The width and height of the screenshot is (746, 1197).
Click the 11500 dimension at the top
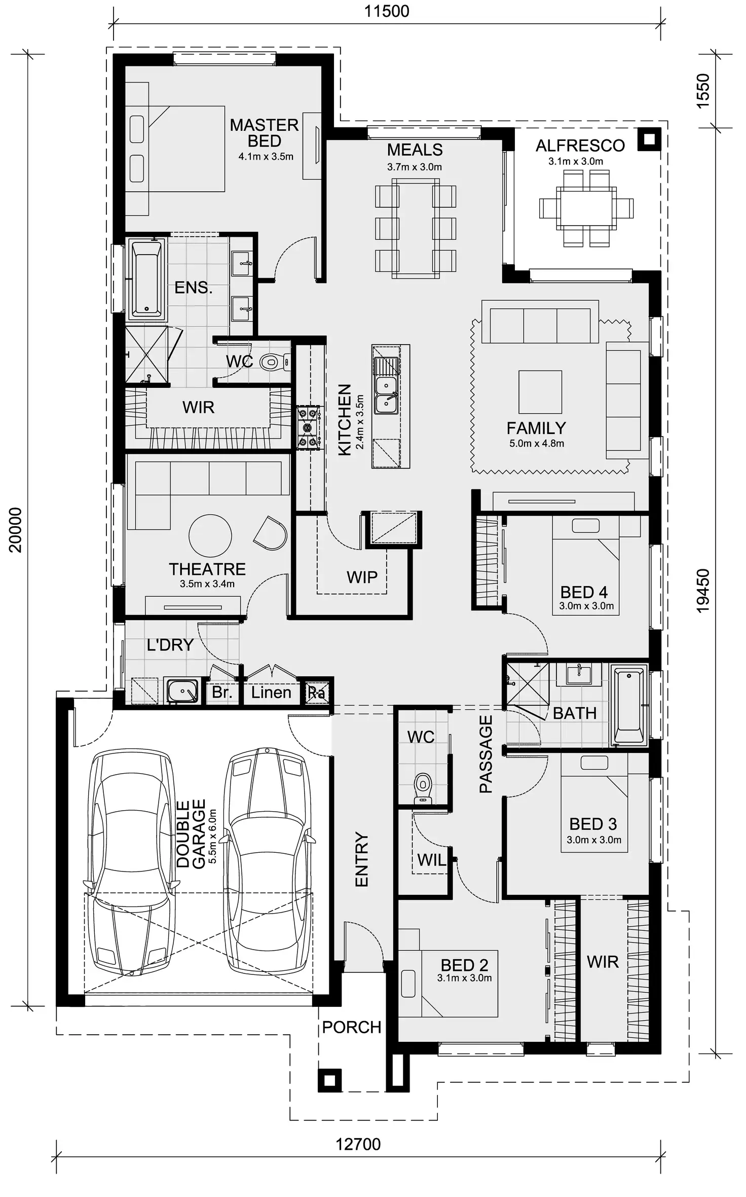(386, 11)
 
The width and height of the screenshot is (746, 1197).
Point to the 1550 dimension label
(703, 91)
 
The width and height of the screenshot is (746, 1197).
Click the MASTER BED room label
(264, 133)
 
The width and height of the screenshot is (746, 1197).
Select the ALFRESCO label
(580, 146)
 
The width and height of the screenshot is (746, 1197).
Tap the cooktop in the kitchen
(308, 427)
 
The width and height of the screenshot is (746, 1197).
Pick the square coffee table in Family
(540, 392)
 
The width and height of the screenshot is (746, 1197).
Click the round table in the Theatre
(210, 536)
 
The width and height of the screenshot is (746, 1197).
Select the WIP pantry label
(362, 577)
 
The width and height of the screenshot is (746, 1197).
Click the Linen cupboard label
(271, 693)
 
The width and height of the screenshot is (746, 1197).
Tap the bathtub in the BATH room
(628, 706)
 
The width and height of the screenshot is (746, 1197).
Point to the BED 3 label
(592, 824)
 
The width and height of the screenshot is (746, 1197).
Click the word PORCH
(351, 1027)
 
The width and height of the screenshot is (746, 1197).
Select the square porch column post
(329, 1081)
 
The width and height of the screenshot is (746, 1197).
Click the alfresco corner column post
(649, 138)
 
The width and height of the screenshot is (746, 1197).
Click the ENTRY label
(361, 859)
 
